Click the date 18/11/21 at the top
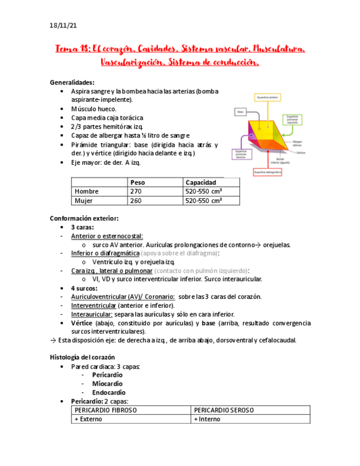[62, 25]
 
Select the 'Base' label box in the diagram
[240, 112]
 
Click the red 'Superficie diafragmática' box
[268, 172]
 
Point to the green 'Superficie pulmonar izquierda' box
[292, 119]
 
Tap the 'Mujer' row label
[84, 201]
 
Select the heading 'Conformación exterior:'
[84, 218]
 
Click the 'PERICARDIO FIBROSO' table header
[106, 410]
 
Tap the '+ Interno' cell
[207, 419]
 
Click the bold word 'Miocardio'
[107, 384]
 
